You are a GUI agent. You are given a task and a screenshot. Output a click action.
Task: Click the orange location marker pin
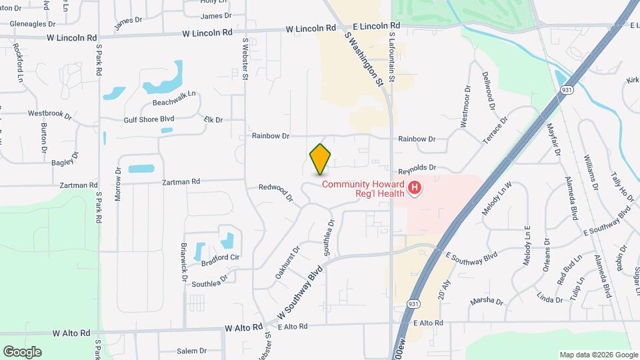tap(320, 159)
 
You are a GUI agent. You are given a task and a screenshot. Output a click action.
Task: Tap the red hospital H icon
tap(415, 189)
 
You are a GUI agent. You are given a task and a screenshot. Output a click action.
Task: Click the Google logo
tap(22, 351)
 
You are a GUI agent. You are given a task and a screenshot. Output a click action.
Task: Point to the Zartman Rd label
tap(181, 181)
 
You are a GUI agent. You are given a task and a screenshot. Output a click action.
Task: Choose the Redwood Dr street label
tap(276, 192)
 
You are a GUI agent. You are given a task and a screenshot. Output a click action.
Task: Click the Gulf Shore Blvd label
tap(149, 119)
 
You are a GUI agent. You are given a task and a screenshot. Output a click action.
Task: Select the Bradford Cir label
tap(225, 257)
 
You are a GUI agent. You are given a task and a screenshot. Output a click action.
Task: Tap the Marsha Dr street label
tap(486, 301)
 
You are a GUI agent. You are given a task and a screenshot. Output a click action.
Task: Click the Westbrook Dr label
tap(49, 113)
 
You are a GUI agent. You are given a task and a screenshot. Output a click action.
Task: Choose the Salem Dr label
tap(192, 351)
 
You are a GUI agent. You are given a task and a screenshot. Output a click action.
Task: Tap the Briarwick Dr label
tap(183, 262)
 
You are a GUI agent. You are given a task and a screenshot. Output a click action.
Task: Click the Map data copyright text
tap(598, 354)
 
